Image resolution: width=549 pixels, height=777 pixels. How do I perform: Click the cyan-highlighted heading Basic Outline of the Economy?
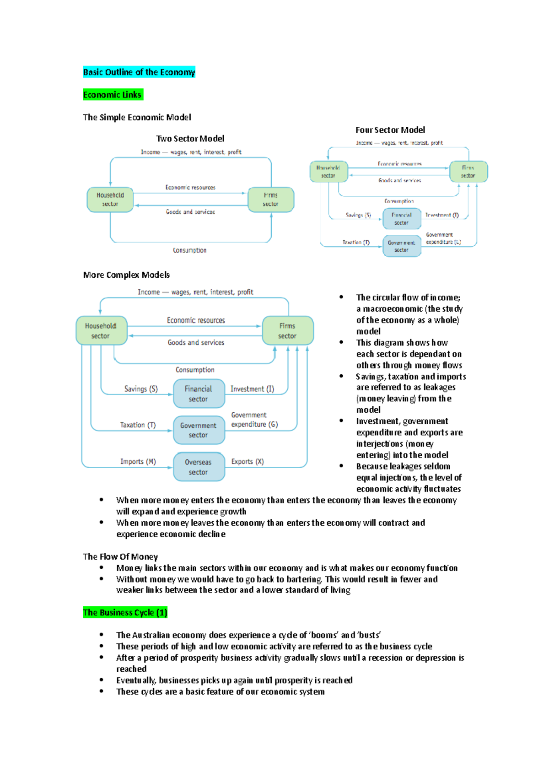coord(139,72)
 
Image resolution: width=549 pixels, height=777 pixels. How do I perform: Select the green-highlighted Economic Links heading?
coord(113,95)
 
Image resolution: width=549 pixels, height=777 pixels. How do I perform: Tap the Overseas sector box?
coord(199,467)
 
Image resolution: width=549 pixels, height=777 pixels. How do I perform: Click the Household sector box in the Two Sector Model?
coord(110,200)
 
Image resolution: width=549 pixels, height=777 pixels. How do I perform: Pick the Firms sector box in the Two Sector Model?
coord(270,200)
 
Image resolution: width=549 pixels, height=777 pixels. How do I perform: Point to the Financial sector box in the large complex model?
coord(199,394)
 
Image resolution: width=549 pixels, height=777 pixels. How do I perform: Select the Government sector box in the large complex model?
coord(199,430)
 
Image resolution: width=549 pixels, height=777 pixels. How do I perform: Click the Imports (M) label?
coord(138,462)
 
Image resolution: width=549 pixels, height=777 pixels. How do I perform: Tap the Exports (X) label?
coord(248,462)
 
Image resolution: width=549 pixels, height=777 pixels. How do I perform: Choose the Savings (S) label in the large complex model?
coord(141,389)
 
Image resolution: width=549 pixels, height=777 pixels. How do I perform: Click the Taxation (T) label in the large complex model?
coord(138,425)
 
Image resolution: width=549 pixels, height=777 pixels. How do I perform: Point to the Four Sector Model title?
coord(390,130)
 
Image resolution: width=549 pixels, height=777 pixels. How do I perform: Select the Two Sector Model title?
coord(190,139)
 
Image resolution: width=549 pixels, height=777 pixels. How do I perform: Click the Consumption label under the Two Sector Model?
coord(189,250)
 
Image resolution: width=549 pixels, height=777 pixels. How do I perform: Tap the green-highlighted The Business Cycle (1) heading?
coord(125,612)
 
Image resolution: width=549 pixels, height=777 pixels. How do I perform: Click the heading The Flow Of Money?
coord(120,556)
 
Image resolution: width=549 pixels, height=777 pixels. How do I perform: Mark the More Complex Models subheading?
coord(126,275)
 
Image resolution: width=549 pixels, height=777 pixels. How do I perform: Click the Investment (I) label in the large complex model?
coord(252,389)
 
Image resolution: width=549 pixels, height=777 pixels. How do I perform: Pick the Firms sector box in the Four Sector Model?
coord(468,172)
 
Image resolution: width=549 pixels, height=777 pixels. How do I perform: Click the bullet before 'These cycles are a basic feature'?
coord(102,691)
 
